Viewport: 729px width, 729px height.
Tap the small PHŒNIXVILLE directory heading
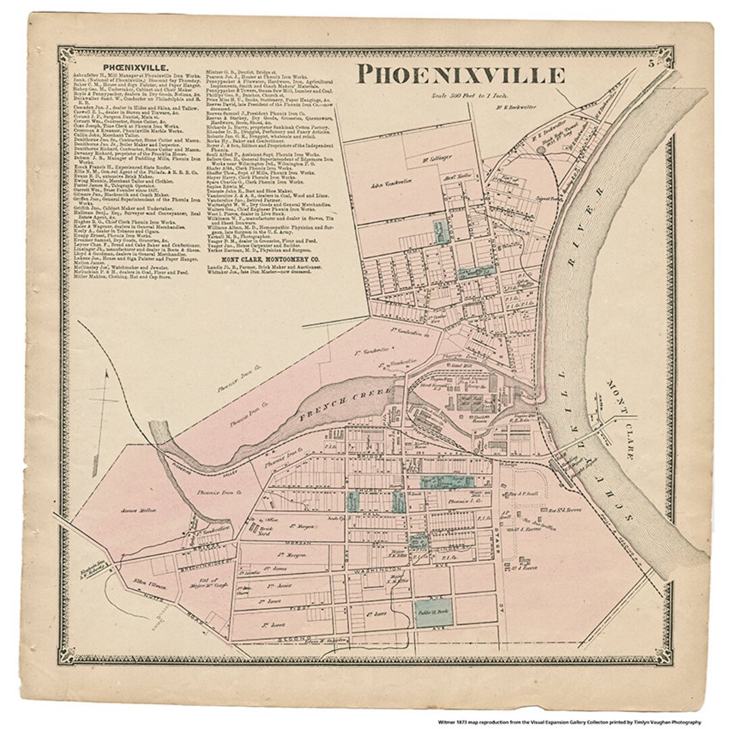[x=141, y=67]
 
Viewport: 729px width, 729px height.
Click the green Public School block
[x=433, y=612]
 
